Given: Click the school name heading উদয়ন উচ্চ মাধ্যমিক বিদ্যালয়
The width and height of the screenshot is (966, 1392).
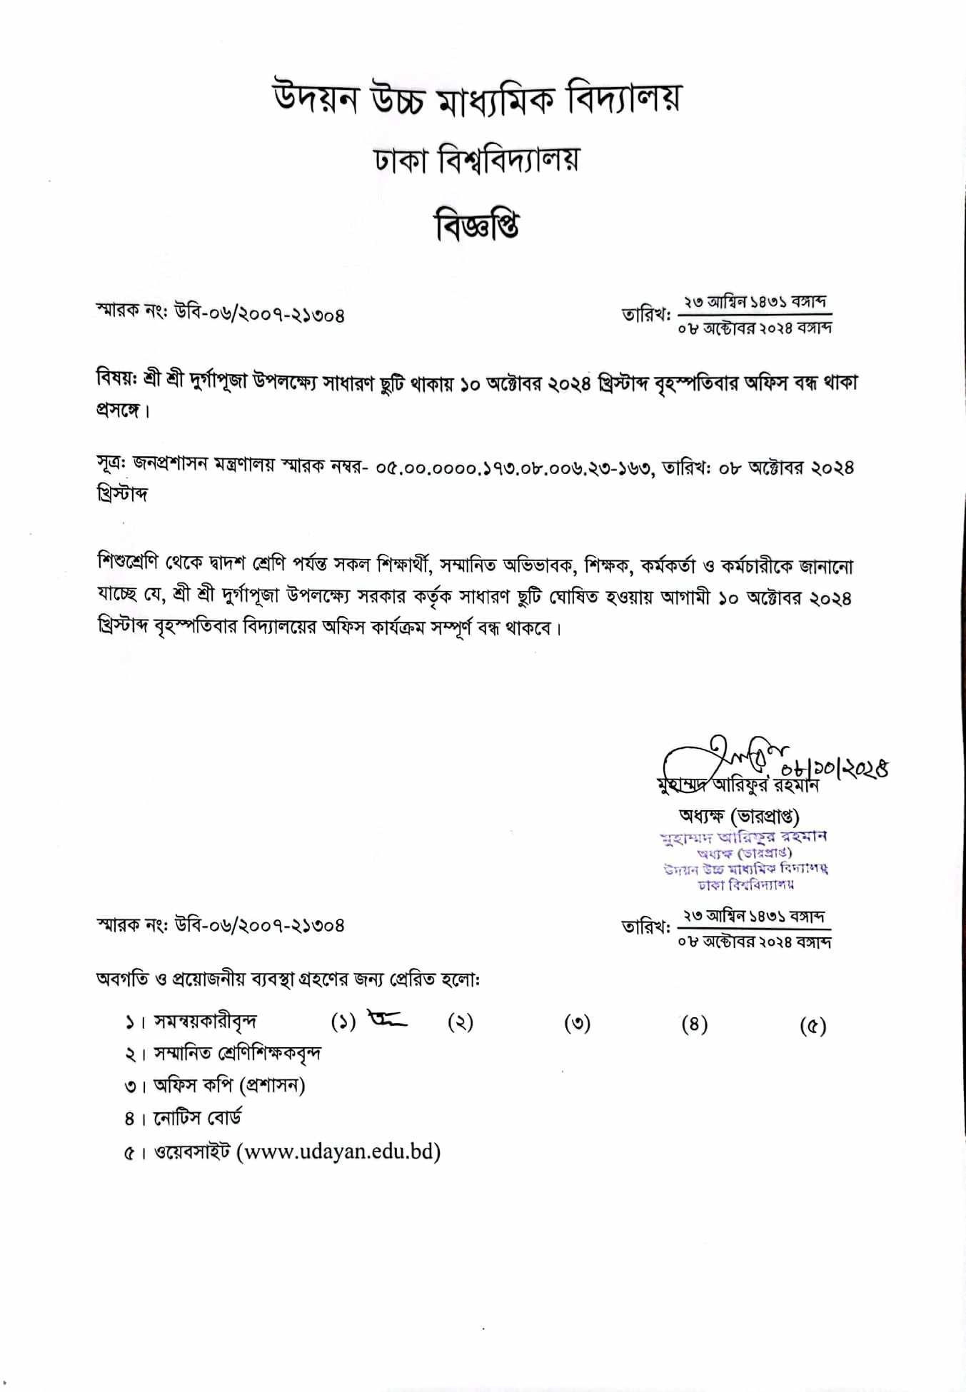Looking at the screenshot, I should click(x=477, y=99).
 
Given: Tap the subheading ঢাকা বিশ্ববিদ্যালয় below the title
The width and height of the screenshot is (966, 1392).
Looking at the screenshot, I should click(x=477, y=159).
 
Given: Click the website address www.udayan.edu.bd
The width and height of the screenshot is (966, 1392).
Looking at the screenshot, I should click(x=338, y=1151).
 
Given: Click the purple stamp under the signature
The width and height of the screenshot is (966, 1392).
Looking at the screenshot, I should click(x=745, y=860).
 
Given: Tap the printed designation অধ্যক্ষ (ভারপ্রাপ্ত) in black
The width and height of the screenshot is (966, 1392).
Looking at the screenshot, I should click(x=739, y=815).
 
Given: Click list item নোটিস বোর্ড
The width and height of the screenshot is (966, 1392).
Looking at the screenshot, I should click(x=198, y=1118).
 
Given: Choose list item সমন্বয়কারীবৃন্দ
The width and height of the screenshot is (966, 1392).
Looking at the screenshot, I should click(x=206, y=1022).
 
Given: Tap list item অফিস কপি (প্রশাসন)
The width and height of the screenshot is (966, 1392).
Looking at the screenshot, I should click(x=229, y=1086).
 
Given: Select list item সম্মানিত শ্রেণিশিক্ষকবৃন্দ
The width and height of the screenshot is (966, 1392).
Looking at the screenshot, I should click(x=238, y=1054).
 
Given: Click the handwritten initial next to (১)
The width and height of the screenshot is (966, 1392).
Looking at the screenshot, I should click(x=387, y=1019).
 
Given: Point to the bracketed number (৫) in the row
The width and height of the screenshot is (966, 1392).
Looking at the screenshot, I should click(x=812, y=1026).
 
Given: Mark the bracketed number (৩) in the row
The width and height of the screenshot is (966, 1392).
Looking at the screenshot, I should click(x=577, y=1024).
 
